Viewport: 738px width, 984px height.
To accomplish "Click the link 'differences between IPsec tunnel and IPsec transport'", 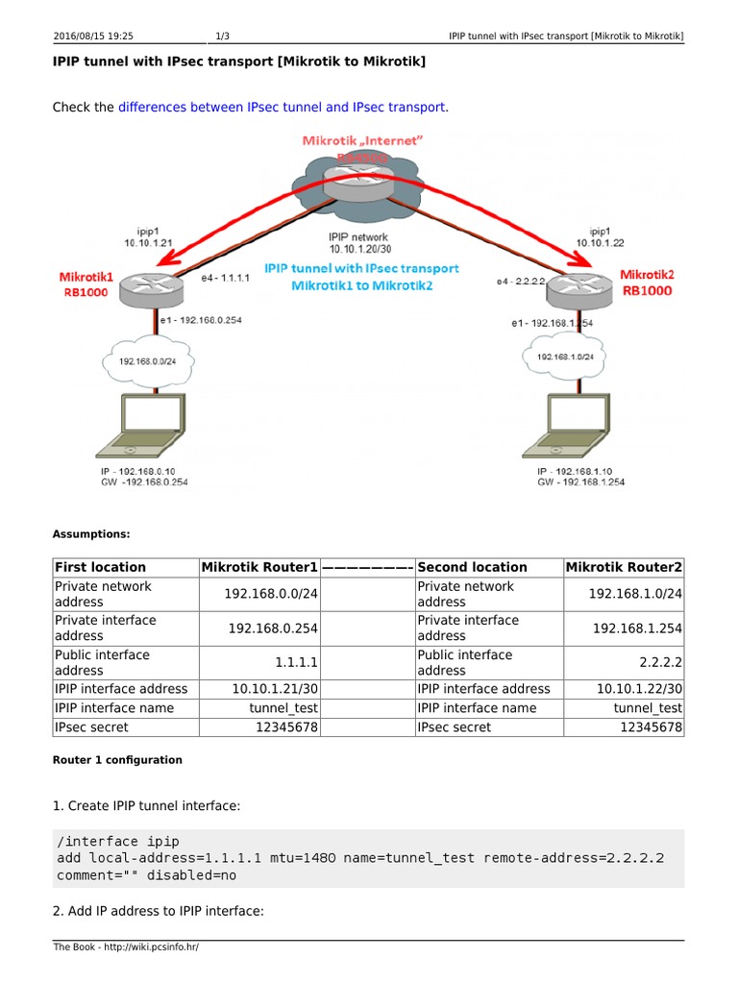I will [282, 107].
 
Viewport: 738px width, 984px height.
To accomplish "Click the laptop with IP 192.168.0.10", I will [144, 428].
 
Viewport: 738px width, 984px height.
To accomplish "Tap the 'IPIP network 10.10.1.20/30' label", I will [357, 242].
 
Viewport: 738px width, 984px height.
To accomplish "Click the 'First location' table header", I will [101, 567].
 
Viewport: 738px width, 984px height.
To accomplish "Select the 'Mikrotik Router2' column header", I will [624, 567].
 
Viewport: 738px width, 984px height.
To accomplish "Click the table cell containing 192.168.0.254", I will [273, 627].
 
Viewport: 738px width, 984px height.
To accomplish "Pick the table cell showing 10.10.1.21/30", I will [275, 688].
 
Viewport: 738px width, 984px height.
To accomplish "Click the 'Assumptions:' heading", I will [91, 533].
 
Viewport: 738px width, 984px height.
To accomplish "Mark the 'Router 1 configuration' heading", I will [117, 759].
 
